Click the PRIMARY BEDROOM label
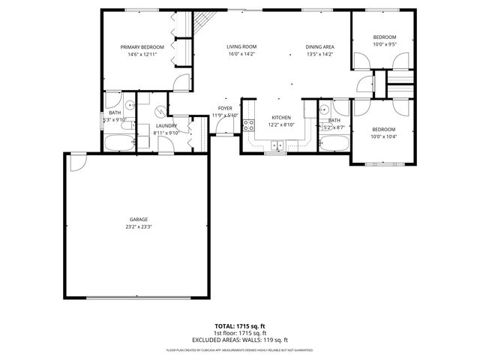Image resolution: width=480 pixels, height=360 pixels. (142, 46)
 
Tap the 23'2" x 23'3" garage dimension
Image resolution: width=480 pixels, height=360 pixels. (136, 226)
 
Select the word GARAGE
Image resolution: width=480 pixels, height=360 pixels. (136, 219)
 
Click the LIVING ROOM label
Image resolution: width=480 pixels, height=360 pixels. (241, 46)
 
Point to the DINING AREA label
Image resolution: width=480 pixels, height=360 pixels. (319, 46)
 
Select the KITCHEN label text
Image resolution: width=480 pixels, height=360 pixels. (280, 118)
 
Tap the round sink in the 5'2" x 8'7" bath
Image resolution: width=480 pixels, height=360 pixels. (325, 110)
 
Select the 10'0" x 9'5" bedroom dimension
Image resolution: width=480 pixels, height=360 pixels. (384, 44)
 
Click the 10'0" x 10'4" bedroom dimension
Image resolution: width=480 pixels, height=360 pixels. (384, 136)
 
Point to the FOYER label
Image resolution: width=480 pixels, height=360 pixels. (225, 108)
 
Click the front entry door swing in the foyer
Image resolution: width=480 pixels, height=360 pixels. (223, 127)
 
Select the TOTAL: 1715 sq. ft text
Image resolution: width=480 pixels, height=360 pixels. (240, 327)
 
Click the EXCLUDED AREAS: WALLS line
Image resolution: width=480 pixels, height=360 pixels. (240, 339)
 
